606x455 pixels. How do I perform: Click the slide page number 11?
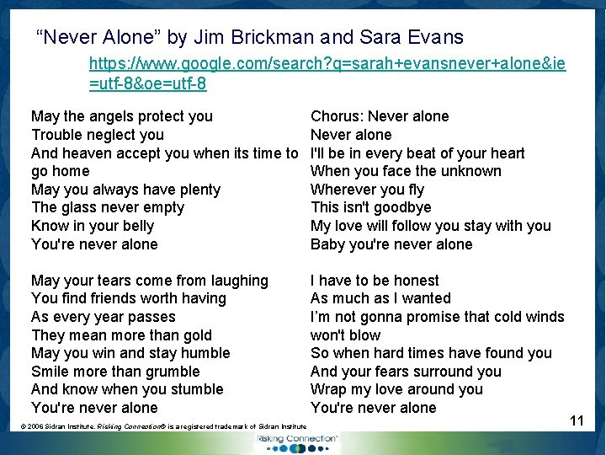click(x=577, y=420)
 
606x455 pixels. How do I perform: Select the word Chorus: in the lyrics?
click(x=337, y=116)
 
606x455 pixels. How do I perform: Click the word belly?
click(x=138, y=226)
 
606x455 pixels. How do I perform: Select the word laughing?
click(x=237, y=281)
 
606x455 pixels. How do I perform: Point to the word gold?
click(x=196, y=335)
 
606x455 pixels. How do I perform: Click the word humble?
click(x=203, y=353)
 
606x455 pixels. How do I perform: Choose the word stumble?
click(x=195, y=389)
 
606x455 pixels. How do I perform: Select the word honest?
click(x=412, y=281)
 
